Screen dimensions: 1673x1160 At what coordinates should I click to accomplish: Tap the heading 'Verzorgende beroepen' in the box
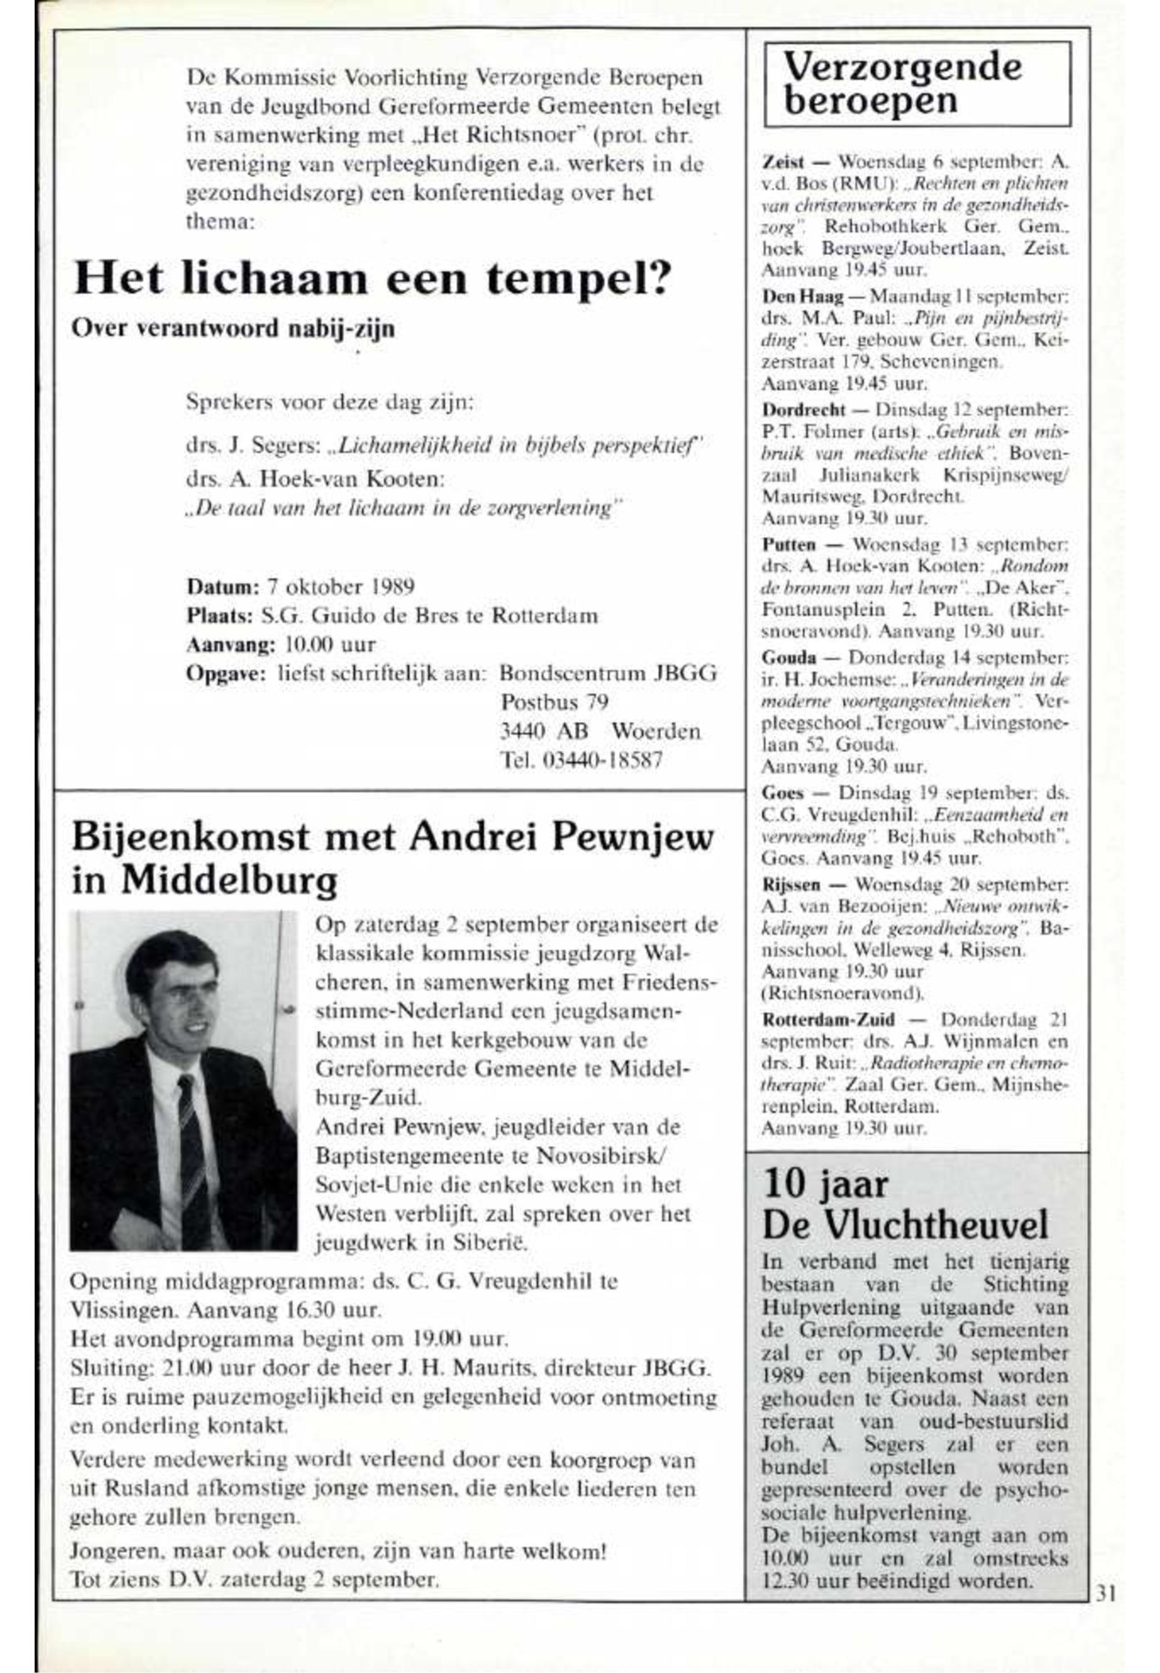pyautogui.click(x=903, y=84)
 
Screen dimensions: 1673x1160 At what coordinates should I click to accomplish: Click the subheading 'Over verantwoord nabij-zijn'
pyautogui.click(x=233, y=329)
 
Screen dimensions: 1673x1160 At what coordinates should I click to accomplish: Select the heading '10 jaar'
pyautogui.click(x=824, y=1185)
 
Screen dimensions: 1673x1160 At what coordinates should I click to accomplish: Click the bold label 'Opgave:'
pyautogui.click(x=227, y=673)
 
